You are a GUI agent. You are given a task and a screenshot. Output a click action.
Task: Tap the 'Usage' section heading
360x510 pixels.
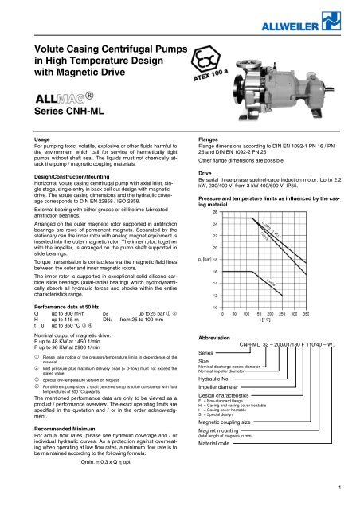pos(25,139)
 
